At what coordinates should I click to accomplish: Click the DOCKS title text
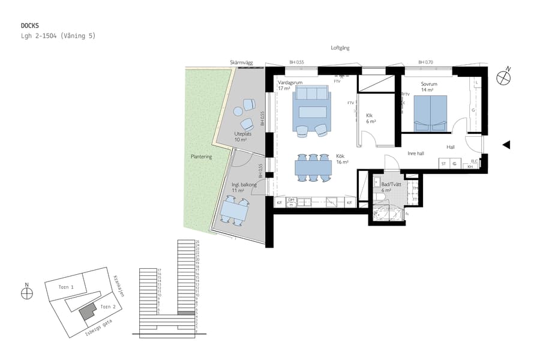pos(30,26)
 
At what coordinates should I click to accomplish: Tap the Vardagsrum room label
pos(290,82)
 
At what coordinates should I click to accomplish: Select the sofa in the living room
pos(311,94)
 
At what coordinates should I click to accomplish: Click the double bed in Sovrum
pos(431,113)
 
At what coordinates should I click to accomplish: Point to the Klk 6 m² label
pos(371,118)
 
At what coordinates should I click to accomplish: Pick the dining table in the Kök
pos(313,167)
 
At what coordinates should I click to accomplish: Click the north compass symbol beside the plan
pos(503,77)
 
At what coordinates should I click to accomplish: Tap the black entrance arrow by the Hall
pos(506,145)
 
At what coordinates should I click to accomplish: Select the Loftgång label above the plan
pos(340,48)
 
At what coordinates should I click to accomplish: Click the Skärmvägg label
pos(241,62)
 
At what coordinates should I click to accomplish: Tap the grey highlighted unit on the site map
pos(88,311)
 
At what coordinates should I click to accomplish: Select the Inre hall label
pos(416,153)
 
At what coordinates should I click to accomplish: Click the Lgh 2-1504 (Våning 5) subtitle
pos(58,36)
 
